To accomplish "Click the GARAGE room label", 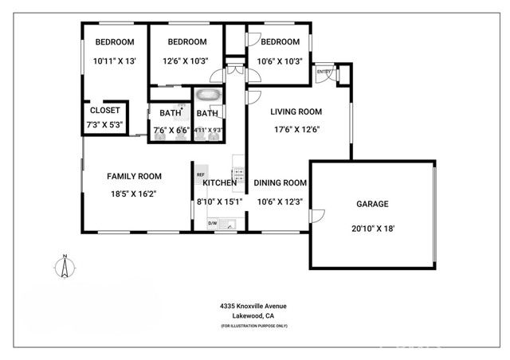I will tap(372, 205).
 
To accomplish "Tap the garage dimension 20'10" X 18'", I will tap(372, 228).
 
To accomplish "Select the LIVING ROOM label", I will tap(296, 112).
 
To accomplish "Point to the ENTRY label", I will tap(324, 72).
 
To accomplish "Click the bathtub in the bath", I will tap(209, 96).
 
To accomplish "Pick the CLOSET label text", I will tap(104, 111).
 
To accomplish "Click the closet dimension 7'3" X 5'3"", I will tap(104, 126).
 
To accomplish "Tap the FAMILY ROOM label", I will tap(134, 177).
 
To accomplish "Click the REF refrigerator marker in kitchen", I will tap(201, 174).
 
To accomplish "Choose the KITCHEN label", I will tap(219, 183).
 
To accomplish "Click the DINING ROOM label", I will tap(280, 183).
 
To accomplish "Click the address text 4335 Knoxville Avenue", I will tap(253, 306).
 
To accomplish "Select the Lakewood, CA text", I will tap(253, 316).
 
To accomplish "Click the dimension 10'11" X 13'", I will tap(114, 61).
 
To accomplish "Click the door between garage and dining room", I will tap(316, 216).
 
